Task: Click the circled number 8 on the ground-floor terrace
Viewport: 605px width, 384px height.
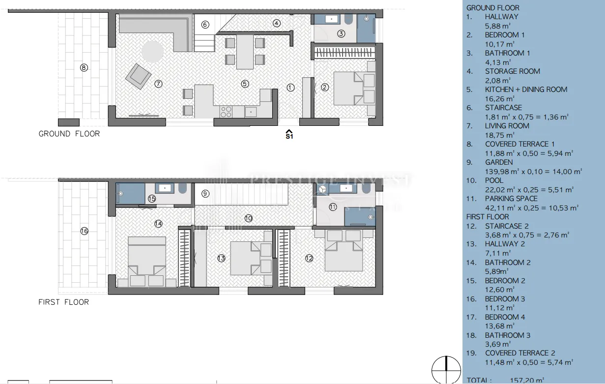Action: click(84, 67)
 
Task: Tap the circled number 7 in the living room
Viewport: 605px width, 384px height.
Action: click(158, 84)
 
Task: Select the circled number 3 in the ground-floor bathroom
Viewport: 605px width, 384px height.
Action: click(341, 34)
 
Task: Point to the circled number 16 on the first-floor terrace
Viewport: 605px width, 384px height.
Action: click(84, 231)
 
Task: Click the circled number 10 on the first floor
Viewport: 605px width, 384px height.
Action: click(249, 218)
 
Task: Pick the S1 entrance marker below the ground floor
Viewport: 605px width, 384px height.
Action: click(289, 135)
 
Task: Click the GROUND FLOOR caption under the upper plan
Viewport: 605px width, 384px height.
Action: click(69, 134)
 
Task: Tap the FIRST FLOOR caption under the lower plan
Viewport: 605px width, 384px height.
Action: click(64, 302)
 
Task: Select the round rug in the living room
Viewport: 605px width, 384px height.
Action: click(152, 52)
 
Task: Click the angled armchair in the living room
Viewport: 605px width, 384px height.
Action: click(138, 77)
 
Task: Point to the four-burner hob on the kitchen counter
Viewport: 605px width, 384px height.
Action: click(226, 112)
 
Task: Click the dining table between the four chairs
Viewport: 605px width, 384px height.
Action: click(245, 52)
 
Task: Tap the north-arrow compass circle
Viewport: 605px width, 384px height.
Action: click(446, 370)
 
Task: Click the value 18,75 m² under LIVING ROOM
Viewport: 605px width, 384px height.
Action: click(500, 135)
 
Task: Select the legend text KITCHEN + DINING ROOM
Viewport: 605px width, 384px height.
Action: click(526, 89)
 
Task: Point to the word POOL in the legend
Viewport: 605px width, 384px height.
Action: click(494, 180)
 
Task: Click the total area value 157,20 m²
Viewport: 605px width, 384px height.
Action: click(527, 381)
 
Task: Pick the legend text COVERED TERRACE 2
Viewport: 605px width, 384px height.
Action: click(520, 353)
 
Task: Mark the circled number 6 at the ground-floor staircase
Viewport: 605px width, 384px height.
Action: click(205, 25)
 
